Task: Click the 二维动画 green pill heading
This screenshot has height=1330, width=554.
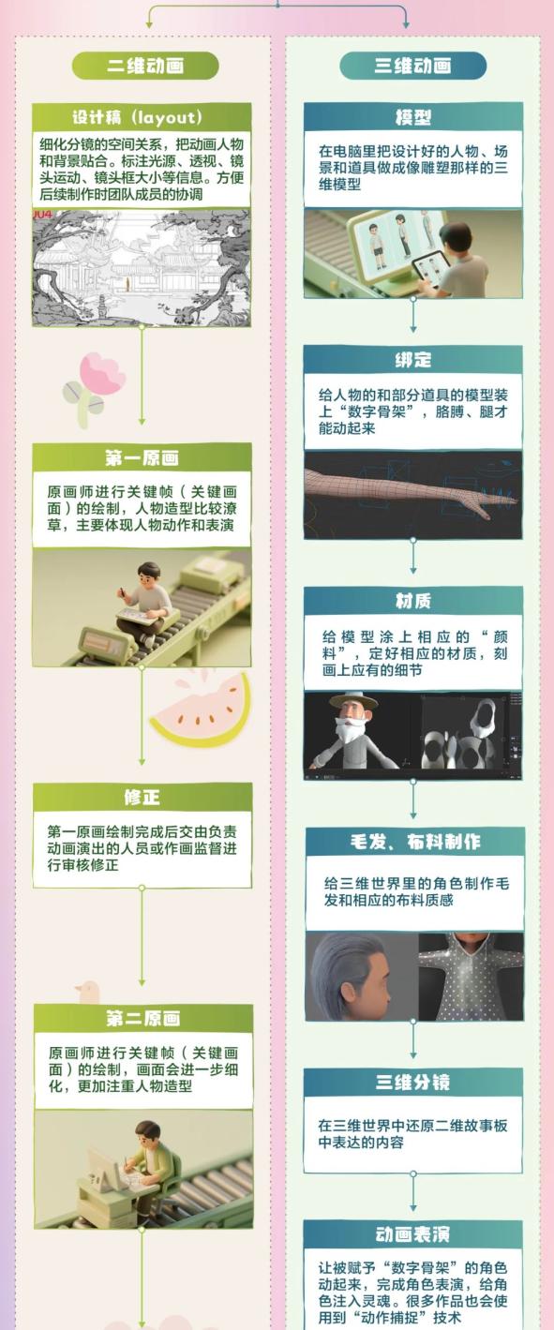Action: (x=145, y=66)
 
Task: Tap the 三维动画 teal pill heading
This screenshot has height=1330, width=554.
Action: (x=412, y=66)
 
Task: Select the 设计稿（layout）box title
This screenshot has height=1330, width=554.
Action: (x=137, y=117)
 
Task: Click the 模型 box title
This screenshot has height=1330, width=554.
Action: (x=412, y=117)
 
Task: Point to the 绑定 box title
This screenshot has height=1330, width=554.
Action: (x=412, y=359)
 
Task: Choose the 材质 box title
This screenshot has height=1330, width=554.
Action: (x=413, y=601)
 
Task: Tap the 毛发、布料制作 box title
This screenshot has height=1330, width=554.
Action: (x=415, y=842)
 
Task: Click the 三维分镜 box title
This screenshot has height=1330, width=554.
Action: (x=412, y=1082)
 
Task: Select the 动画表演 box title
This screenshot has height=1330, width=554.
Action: (x=412, y=1234)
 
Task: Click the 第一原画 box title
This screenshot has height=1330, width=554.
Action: (x=142, y=457)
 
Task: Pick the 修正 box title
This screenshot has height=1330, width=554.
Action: (x=142, y=797)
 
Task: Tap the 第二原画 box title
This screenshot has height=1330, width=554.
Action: (x=143, y=1018)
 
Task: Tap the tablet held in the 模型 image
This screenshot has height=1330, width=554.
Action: (x=431, y=268)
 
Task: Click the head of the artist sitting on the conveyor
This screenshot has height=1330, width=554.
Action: (x=148, y=575)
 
